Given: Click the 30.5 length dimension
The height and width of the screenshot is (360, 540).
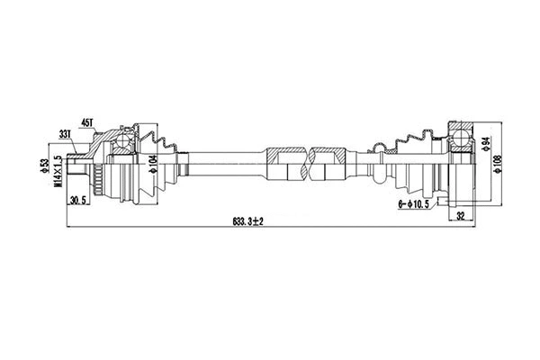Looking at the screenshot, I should [x=79, y=201].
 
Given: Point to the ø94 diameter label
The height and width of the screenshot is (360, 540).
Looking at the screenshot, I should [x=484, y=144].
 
